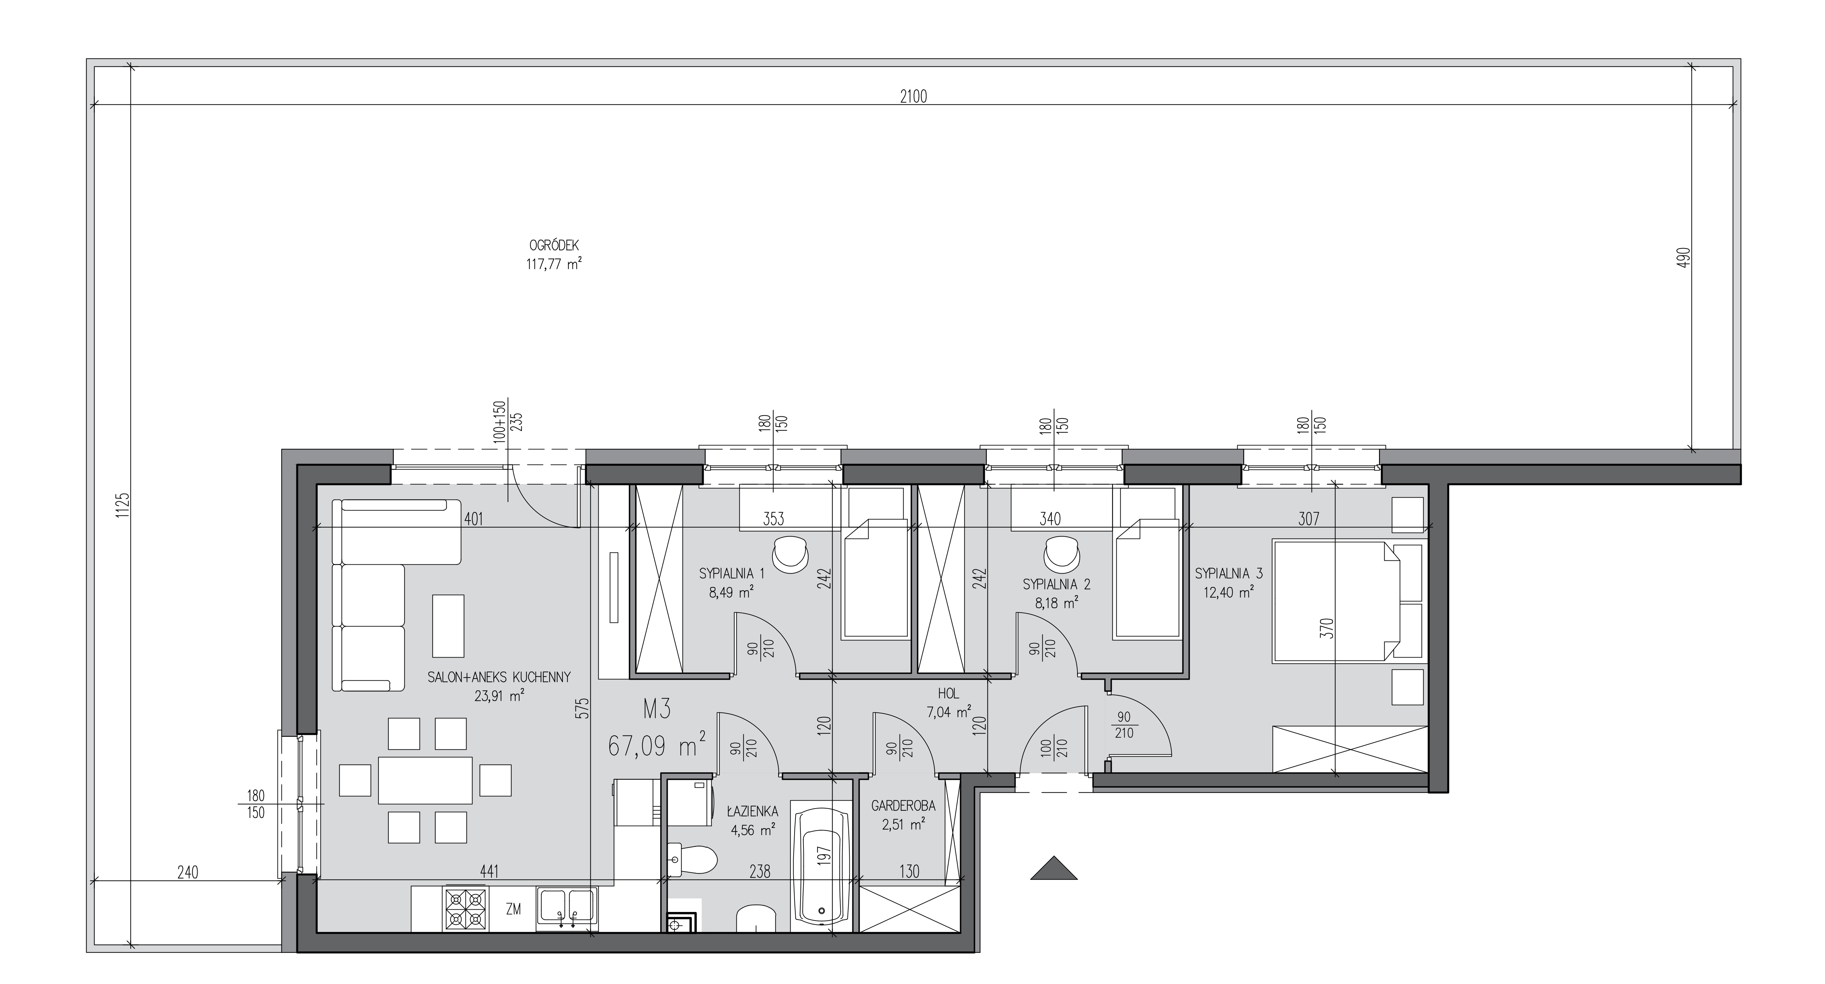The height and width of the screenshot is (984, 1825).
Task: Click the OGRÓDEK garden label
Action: point(555,245)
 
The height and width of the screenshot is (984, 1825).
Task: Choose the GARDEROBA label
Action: point(903,806)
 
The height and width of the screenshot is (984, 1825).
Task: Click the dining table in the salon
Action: point(425,780)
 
